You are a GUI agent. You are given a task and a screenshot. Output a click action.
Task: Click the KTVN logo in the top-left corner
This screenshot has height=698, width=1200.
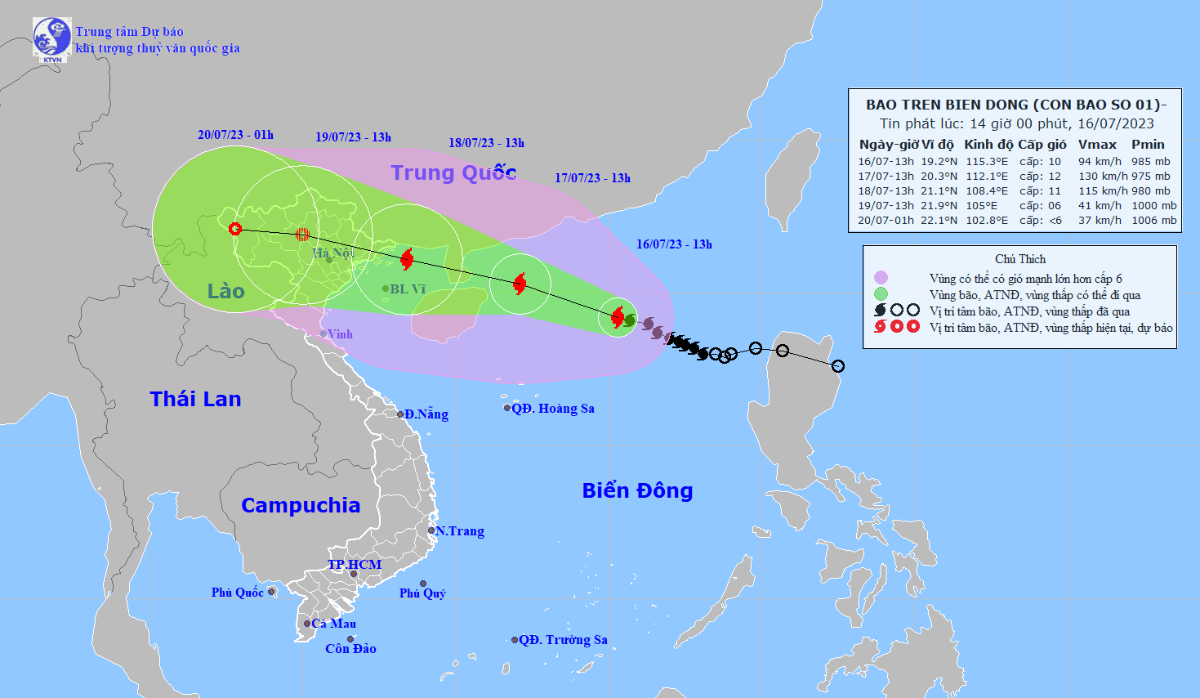click(52, 38)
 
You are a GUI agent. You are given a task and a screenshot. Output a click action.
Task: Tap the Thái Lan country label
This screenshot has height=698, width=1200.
click(195, 399)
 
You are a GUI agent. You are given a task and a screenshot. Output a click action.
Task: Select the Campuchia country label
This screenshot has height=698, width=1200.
click(301, 505)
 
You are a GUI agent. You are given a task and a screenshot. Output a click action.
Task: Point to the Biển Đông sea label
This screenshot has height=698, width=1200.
click(637, 490)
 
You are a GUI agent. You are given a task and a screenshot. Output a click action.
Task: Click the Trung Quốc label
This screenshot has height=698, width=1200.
click(453, 172)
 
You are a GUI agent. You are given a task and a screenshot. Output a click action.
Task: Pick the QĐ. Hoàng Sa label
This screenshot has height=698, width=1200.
click(553, 409)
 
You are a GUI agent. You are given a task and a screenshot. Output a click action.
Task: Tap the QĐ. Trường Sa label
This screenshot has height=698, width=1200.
click(563, 640)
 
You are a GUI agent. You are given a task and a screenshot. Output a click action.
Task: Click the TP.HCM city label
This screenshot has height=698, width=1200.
click(355, 565)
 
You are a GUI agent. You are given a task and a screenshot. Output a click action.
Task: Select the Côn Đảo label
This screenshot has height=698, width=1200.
click(350, 649)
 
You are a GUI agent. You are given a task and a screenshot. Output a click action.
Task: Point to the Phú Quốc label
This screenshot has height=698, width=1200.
click(237, 593)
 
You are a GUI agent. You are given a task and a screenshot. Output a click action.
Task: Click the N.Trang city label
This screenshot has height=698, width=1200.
click(460, 531)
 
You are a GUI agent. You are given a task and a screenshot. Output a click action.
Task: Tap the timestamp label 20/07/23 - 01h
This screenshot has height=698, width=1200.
click(235, 135)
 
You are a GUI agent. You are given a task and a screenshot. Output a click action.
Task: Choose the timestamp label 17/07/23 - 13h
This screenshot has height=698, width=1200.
click(592, 178)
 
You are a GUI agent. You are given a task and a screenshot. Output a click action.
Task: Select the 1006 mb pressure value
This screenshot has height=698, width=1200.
click(1153, 220)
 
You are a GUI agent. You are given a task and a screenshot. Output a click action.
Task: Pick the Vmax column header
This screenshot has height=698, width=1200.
click(1097, 145)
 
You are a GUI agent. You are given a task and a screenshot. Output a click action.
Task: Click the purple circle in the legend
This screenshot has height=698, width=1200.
click(881, 278)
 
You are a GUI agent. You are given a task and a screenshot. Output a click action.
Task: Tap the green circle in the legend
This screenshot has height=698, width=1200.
click(881, 294)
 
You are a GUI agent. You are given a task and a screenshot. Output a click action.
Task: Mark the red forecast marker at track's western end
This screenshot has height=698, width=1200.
click(235, 229)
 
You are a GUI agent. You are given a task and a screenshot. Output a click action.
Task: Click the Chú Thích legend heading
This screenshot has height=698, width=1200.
click(1020, 259)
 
